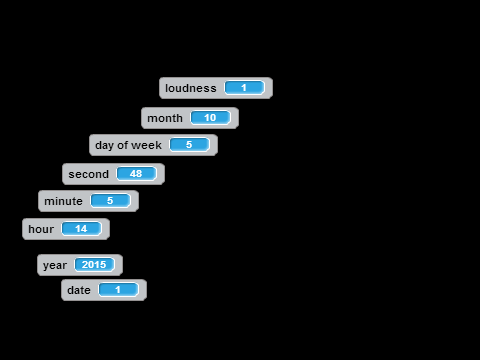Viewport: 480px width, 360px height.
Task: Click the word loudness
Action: (x=191, y=88)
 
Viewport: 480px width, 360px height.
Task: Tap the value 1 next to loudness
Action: (x=244, y=88)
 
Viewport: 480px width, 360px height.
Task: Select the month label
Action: (x=165, y=118)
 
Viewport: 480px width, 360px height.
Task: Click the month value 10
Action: (x=210, y=118)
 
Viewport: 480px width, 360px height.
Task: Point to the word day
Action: (x=104, y=146)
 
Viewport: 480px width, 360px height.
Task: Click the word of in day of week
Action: (x=123, y=145)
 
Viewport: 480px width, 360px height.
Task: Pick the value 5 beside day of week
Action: (x=189, y=145)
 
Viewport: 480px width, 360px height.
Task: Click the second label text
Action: (x=89, y=174)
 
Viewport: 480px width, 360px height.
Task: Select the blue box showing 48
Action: (x=136, y=174)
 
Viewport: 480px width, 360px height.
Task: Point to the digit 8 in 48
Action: (x=139, y=174)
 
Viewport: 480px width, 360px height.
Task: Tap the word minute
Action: (x=63, y=201)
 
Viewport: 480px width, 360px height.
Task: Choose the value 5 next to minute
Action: (x=110, y=201)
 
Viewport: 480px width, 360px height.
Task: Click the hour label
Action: (x=41, y=229)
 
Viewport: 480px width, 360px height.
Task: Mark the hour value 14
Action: (x=81, y=229)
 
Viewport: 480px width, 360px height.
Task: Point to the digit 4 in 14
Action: (x=84, y=229)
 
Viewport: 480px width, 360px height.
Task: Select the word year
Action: (x=55, y=265)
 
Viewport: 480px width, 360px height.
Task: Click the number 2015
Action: (x=94, y=265)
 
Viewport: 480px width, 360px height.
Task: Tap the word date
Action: (x=79, y=290)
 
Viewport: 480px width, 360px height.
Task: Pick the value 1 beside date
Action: (x=118, y=290)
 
